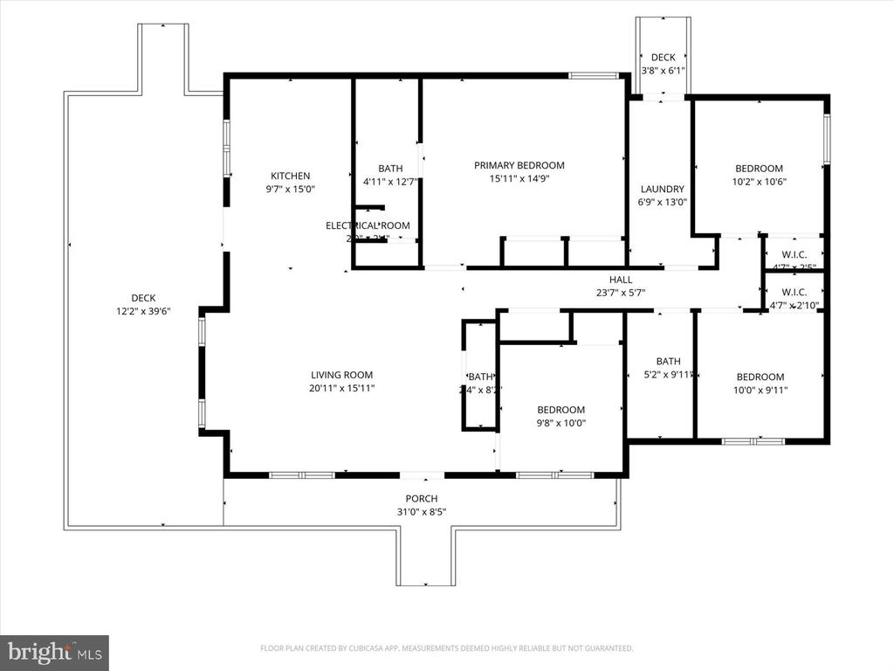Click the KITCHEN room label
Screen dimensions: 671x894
[x=290, y=176]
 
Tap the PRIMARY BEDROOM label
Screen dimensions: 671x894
[x=519, y=165]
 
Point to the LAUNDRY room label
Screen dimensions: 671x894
[x=663, y=189]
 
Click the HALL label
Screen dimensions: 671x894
[x=621, y=280]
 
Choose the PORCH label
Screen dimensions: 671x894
[x=423, y=499]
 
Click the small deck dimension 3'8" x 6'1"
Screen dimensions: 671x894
[x=664, y=71]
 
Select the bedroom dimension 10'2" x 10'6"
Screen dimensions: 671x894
[x=759, y=182]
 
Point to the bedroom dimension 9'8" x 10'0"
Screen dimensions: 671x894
[x=560, y=423]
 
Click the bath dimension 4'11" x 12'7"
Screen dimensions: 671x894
[x=390, y=182]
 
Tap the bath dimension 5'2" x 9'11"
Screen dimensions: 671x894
[x=668, y=375]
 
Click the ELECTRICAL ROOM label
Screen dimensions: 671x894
[x=368, y=225]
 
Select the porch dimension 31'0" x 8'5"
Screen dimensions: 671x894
[x=423, y=512]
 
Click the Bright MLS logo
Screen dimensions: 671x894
[x=54, y=652]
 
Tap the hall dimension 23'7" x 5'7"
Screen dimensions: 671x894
[x=621, y=293]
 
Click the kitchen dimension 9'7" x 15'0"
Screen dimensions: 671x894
[x=290, y=189]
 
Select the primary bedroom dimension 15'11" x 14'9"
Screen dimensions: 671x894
[x=519, y=178]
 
